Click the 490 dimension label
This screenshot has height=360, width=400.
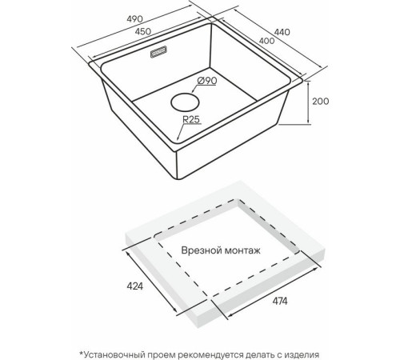tap(134, 19)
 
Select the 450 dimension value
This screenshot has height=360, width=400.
tap(143, 31)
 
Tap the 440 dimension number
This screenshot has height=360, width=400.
tap(282, 32)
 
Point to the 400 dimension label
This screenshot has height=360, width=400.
tap(266, 41)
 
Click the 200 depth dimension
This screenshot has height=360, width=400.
tap(321, 102)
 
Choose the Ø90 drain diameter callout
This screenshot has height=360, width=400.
tap(207, 81)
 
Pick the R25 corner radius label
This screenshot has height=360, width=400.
tap(191, 119)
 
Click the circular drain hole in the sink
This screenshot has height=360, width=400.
tap(185, 102)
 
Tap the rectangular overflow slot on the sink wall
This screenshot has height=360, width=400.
tap(158, 52)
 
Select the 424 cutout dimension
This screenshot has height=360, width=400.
tap(135, 286)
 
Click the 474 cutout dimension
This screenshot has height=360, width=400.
tap(280, 302)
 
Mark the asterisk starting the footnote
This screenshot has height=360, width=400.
tap(82, 353)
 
